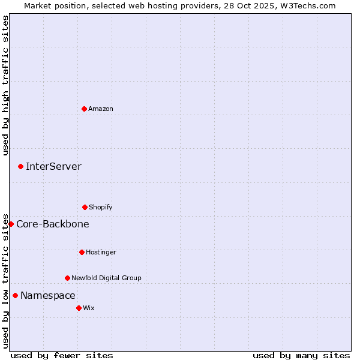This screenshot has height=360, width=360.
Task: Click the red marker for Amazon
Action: pos(84,109)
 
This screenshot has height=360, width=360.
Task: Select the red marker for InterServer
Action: pos(20,166)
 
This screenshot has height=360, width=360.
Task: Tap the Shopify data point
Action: pos(85,207)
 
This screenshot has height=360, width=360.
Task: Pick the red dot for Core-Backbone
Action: pos(11,224)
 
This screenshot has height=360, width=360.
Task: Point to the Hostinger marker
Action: pos(82,252)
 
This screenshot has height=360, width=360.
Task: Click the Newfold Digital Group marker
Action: pos(67,278)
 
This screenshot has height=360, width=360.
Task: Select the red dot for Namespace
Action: pos(15,295)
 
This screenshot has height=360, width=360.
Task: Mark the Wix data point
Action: pos(79,308)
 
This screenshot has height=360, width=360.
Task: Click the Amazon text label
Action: pos(101,109)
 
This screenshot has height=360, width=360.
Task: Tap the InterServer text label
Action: pos(53,166)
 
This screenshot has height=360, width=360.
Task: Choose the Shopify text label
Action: pos(101,207)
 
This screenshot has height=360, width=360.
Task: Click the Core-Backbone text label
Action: pos(53,224)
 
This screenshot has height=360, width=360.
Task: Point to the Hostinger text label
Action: pos(101,252)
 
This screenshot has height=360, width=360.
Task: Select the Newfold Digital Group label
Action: pos(106,278)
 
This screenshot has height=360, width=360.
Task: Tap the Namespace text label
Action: pos(48,295)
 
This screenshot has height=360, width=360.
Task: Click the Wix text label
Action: pos(89,308)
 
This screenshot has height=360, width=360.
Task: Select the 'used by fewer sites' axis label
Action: pos(62,355)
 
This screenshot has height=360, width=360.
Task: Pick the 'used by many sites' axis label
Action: pos(301,355)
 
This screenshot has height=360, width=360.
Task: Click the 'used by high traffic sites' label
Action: pos(5,85)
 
